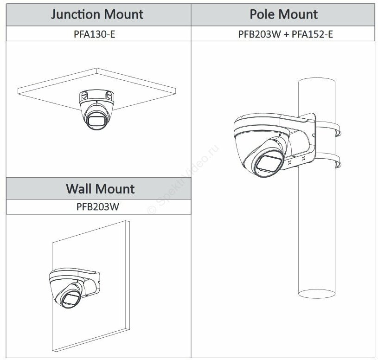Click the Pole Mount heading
click(x=284, y=14)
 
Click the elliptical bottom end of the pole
click(x=317, y=292)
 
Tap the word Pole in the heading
click(x=264, y=14)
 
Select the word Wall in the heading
click(x=79, y=188)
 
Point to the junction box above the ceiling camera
click(x=96, y=95)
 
